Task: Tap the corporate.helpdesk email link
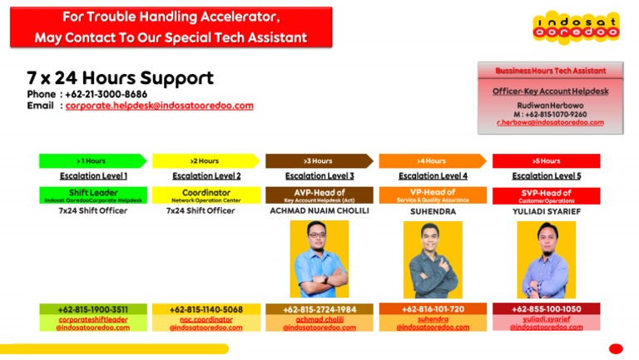(159, 106)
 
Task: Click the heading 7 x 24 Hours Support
(120, 78)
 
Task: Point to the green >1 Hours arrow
(92, 160)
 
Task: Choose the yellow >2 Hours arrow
(205, 160)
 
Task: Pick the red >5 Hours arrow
(546, 160)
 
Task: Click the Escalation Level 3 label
(319, 176)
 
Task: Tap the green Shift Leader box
(92, 195)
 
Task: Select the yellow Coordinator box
(206, 195)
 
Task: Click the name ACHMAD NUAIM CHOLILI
(319, 211)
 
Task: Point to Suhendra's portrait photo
(432, 259)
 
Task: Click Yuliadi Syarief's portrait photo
(546, 259)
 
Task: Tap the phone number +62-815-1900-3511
(92, 309)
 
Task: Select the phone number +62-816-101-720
(433, 309)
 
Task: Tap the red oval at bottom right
(616, 348)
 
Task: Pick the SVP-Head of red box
(546, 195)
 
